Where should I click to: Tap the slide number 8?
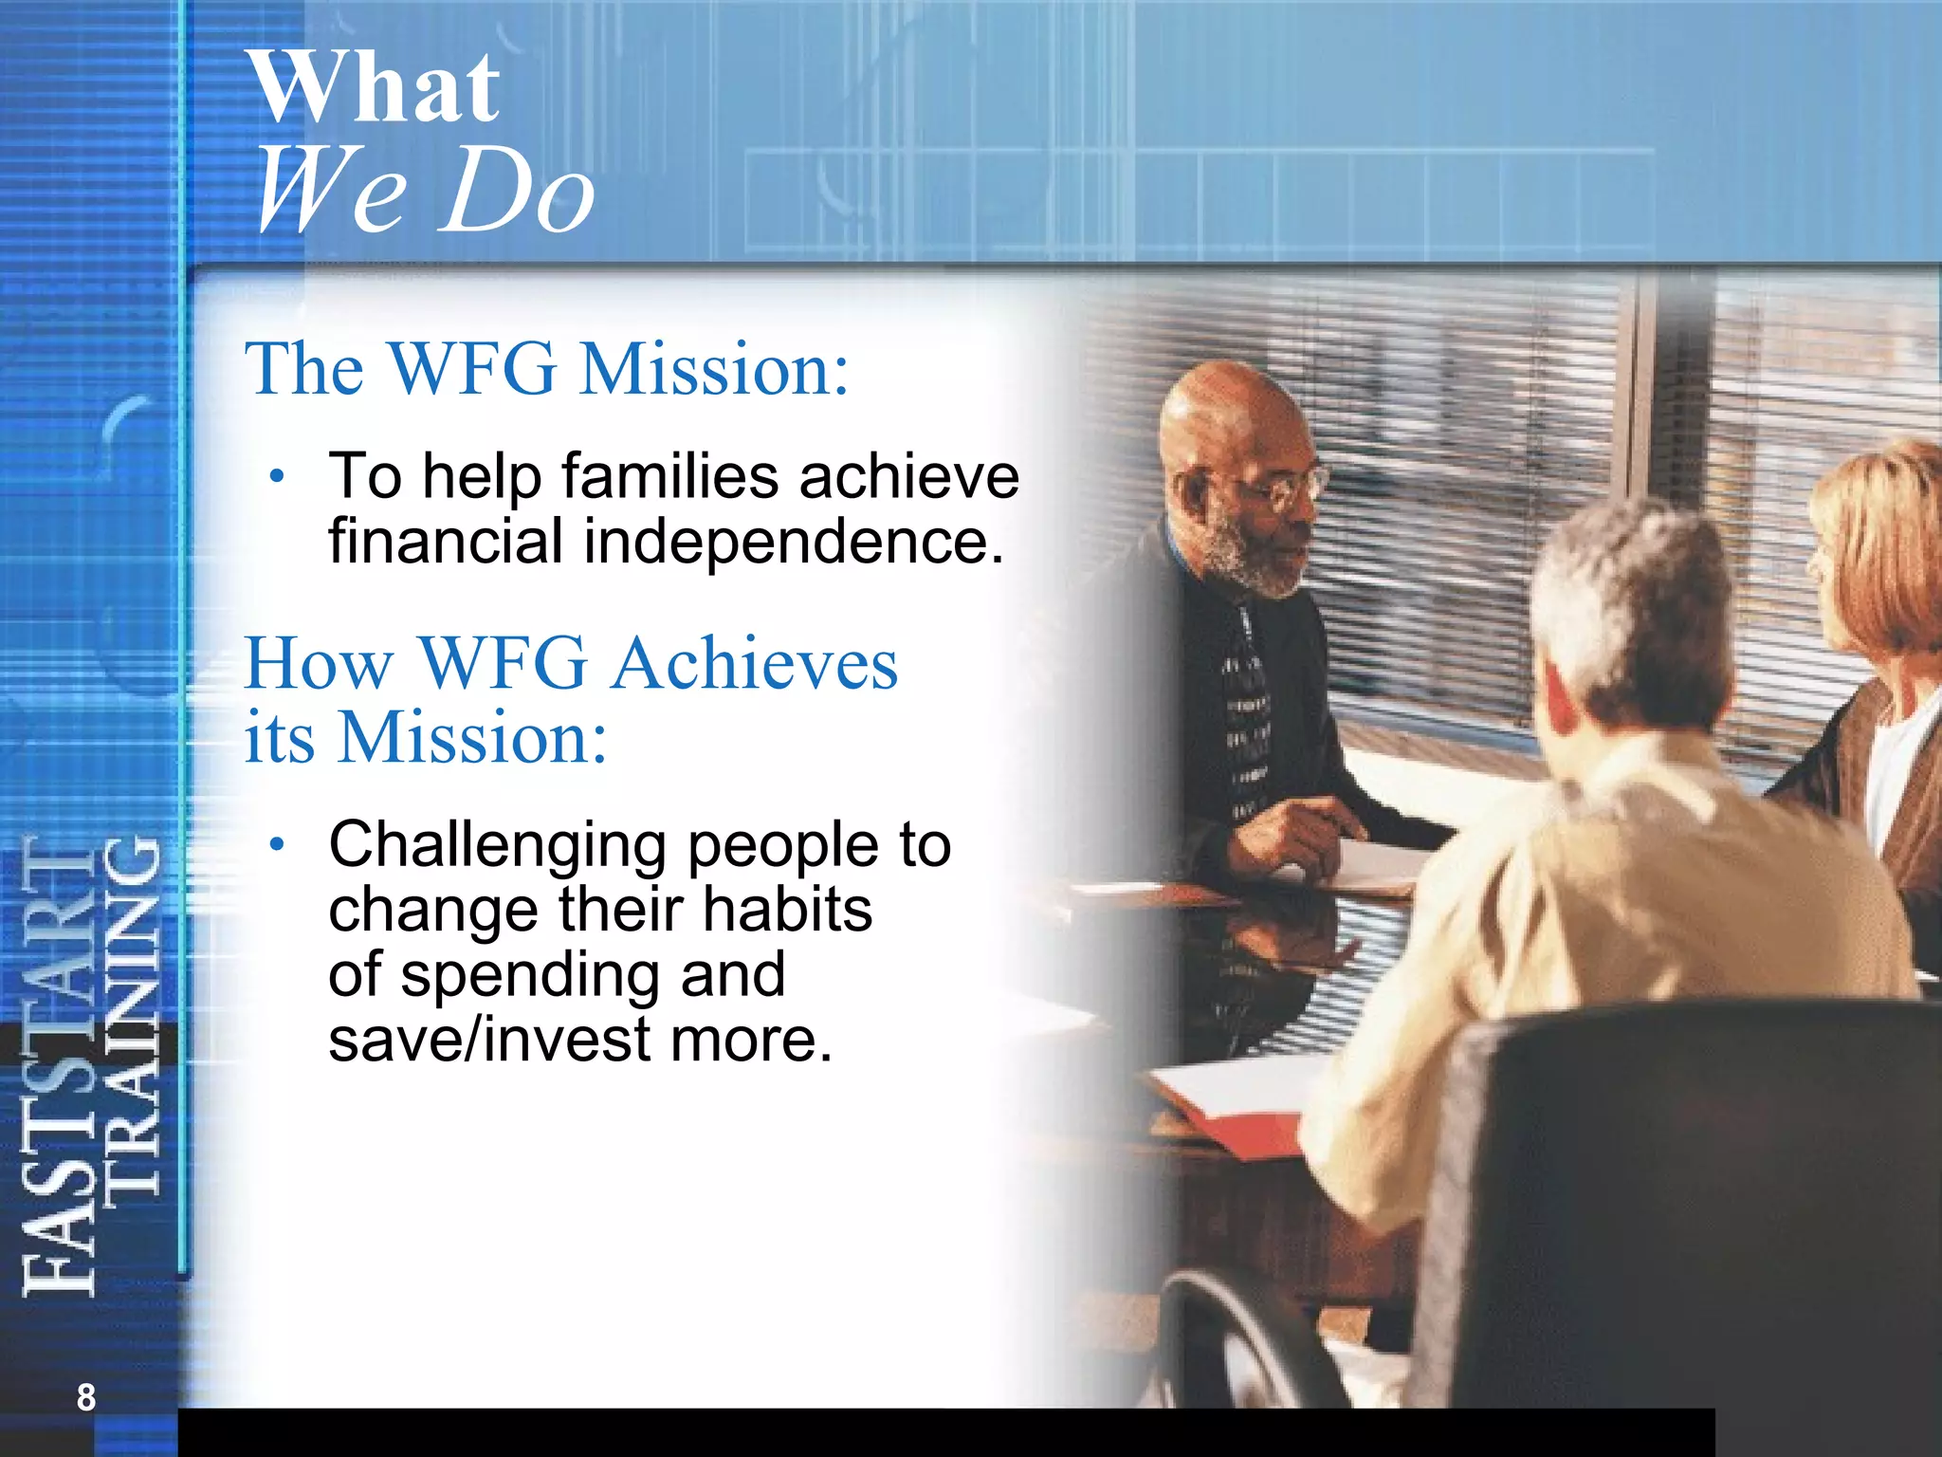pyautogui.click(x=86, y=1397)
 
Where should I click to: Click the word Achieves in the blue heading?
pyautogui.click(x=754, y=663)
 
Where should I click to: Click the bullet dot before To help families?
pyautogui.click(x=276, y=476)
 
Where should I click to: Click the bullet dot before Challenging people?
pyautogui.click(x=276, y=844)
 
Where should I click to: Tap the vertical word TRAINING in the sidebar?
pyautogui.click(x=132, y=1015)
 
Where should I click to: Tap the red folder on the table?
pyautogui.click(x=1233, y=1119)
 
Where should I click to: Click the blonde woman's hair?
pyautogui.click(x=1887, y=531)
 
